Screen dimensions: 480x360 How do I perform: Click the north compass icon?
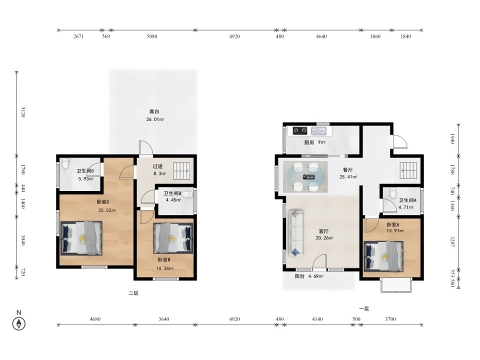(x=18, y=323)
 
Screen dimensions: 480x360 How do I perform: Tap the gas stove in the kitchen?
(x=300, y=131)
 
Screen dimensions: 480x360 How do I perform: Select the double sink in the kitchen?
(x=318, y=131)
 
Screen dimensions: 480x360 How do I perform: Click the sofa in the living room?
(x=296, y=233)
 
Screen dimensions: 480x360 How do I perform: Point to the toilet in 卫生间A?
(x=393, y=193)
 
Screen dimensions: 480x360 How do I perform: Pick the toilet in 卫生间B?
(x=187, y=194)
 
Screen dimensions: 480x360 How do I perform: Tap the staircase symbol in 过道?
(x=181, y=170)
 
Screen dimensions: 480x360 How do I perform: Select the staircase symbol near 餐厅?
(x=408, y=170)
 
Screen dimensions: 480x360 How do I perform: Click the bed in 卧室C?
(x=81, y=238)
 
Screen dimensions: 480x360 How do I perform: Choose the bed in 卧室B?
(x=173, y=238)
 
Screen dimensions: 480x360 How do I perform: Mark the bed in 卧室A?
(x=383, y=256)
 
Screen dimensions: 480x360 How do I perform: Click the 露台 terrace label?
(x=154, y=111)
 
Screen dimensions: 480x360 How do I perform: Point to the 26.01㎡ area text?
(x=155, y=119)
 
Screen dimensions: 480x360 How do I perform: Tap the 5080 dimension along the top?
(x=152, y=36)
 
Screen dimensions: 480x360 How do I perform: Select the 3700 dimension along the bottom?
(x=390, y=319)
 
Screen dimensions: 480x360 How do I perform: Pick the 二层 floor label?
(x=133, y=293)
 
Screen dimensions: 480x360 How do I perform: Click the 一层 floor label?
(x=364, y=308)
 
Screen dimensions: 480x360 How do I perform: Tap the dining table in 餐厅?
(x=305, y=176)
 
